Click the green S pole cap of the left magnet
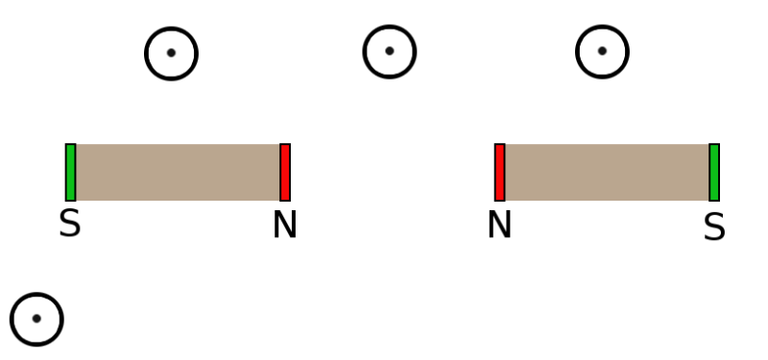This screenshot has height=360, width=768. pos(70,173)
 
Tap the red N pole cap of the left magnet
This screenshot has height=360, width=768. pos(285,173)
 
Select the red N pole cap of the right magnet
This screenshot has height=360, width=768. pos(499,173)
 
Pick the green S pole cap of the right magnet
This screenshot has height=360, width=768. pos(714,173)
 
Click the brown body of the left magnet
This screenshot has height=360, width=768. pos(178,173)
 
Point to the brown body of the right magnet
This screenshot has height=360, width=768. pos(607,173)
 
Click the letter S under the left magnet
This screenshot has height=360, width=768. pos(69,224)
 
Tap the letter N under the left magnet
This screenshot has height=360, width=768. pos(284,225)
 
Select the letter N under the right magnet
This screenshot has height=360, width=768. pos(499,225)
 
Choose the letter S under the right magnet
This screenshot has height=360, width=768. pos(714,228)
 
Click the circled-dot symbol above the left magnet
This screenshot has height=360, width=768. pos(171,53)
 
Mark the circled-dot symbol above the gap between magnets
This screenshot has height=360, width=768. pos(390,51)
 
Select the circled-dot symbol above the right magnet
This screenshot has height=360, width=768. pos(602,51)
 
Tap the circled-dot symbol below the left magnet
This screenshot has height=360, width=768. pos(36,319)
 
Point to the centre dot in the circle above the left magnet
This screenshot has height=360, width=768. pos(171,53)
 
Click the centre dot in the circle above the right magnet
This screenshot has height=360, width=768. pos(602,51)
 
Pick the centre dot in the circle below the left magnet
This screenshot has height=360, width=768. pos(36,319)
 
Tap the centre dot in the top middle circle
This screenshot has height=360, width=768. pos(390,51)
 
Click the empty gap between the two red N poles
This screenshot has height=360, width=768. pos(392,173)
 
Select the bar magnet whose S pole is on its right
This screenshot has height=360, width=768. pos(607,173)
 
